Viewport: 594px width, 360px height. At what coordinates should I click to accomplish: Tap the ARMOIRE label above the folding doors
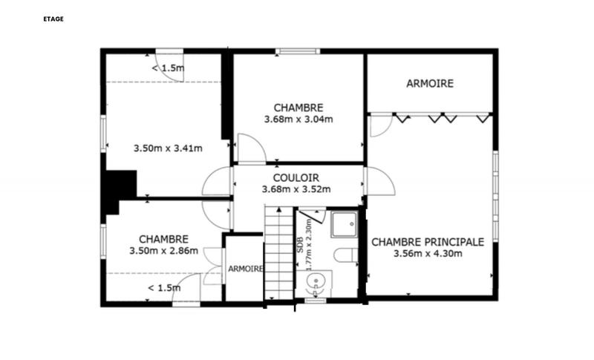pos(429,84)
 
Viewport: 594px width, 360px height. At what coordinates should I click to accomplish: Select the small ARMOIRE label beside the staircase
pos(245,269)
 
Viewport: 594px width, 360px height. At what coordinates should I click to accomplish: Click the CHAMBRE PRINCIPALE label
pos(428,242)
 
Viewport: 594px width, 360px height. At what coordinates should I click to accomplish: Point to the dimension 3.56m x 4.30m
pos(428,254)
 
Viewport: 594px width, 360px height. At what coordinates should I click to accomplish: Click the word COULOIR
pos(296,178)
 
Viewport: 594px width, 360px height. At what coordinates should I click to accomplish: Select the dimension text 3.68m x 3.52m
pos(296,190)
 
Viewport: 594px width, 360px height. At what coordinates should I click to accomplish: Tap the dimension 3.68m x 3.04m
pos(298,119)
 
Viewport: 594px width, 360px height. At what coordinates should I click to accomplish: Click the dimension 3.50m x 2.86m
pos(163,251)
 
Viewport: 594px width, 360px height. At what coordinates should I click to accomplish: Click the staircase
pos(279,252)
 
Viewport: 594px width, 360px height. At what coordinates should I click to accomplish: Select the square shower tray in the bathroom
pos(344,224)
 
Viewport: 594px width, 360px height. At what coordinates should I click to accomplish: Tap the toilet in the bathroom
pos(345,256)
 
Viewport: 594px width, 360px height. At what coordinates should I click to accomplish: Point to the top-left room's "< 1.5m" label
pos(168,69)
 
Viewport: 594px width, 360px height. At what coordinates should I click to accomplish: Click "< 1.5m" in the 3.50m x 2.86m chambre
pos(163,288)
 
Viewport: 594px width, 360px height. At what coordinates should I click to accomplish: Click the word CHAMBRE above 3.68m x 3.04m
pos(298,107)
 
